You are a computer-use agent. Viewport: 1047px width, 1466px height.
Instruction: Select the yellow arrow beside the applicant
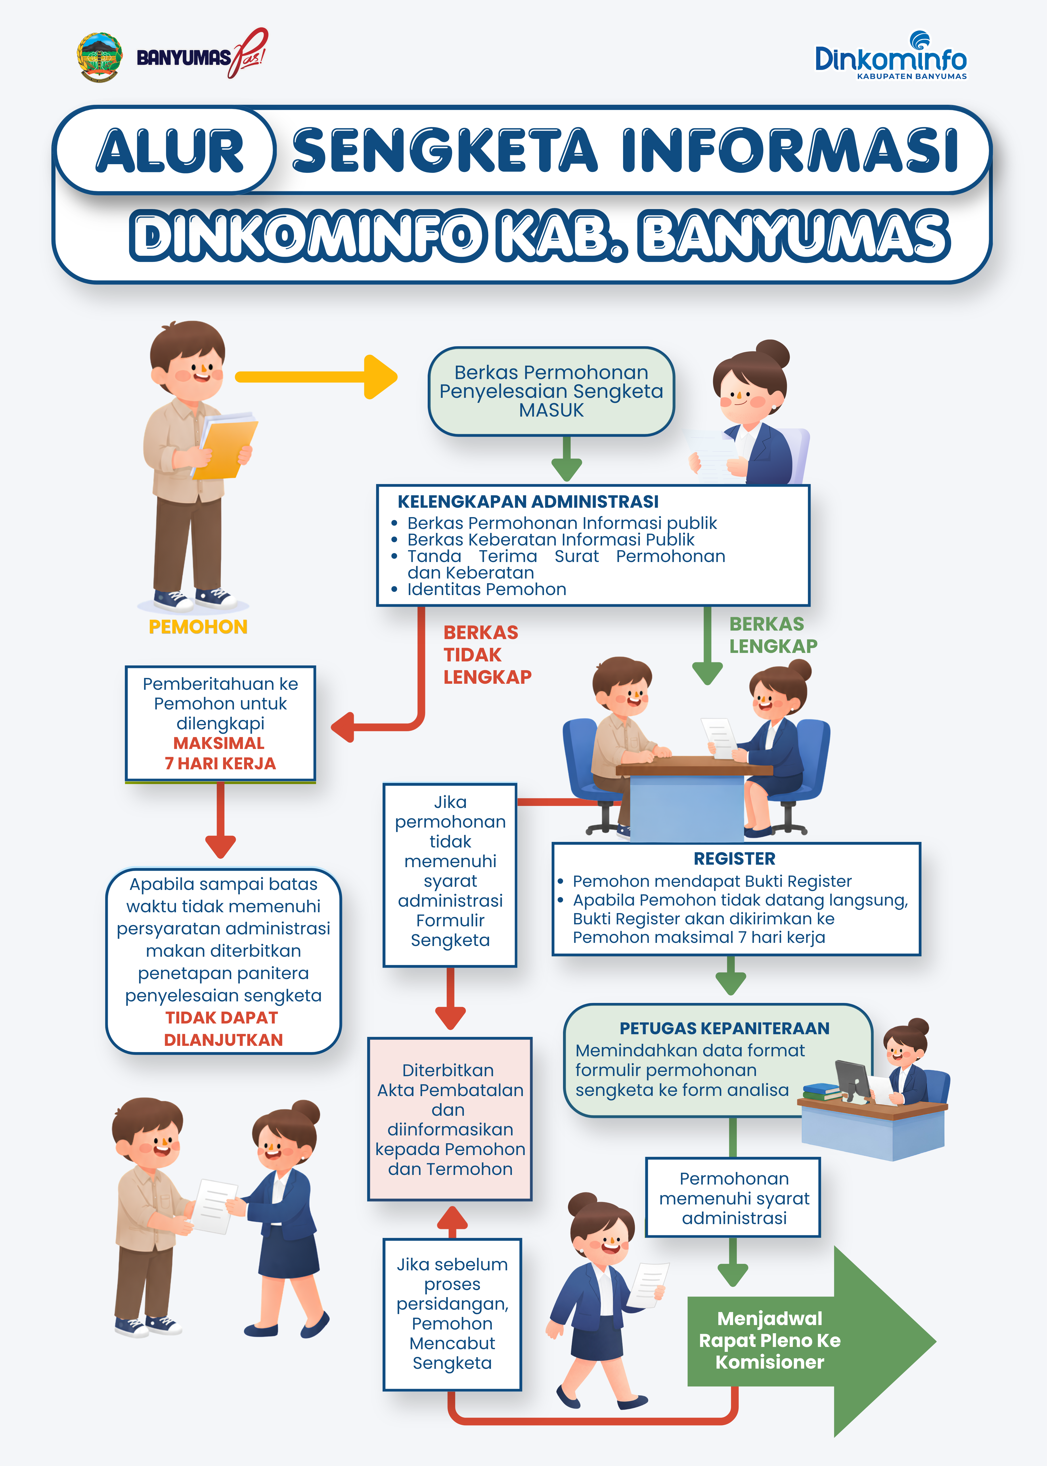click(316, 376)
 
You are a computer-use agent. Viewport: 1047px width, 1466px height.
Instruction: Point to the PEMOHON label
click(198, 627)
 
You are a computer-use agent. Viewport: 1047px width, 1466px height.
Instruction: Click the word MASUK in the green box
click(551, 411)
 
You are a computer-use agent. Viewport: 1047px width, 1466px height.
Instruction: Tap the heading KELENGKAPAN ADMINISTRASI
click(528, 501)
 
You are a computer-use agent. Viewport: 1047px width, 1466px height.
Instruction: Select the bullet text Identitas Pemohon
click(487, 589)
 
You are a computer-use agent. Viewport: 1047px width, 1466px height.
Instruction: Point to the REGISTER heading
click(734, 859)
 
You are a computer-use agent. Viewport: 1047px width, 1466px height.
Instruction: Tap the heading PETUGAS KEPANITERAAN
click(725, 1028)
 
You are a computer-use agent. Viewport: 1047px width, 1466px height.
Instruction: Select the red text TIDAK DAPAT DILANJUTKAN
click(223, 1029)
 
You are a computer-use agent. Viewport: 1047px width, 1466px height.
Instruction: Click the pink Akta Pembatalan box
click(450, 1119)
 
